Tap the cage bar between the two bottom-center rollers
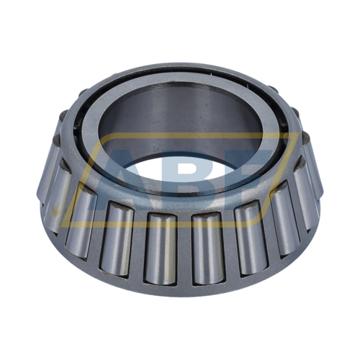(x=184, y=248)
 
